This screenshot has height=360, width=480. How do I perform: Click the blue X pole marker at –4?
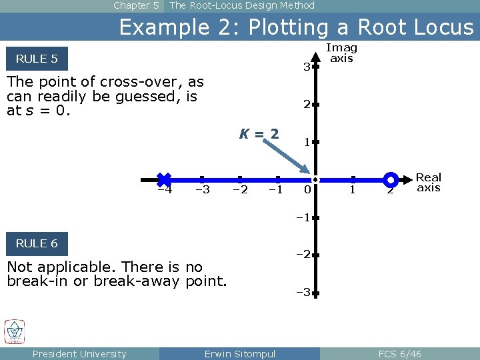click(x=164, y=179)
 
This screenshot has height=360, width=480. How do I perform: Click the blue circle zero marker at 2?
click(x=391, y=179)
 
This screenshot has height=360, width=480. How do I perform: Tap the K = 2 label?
click(x=259, y=133)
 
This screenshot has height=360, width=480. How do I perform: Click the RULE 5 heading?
click(x=37, y=59)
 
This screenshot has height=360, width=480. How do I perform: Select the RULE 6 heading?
click(x=37, y=243)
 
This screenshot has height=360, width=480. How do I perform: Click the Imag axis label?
click(x=341, y=53)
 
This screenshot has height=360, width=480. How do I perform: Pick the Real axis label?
click(x=429, y=182)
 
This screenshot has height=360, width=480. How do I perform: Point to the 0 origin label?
click(x=307, y=190)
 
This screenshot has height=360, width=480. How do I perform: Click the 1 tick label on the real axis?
click(x=353, y=190)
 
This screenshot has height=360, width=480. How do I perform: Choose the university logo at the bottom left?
click(x=15, y=331)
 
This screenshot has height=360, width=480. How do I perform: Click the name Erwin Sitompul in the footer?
click(x=239, y=353)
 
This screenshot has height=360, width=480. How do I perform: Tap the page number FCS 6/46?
click(x=399, y=353)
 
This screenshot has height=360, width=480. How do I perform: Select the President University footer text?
click(x=79, y=353)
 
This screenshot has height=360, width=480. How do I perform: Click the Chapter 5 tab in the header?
click(x=136, y=5)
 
